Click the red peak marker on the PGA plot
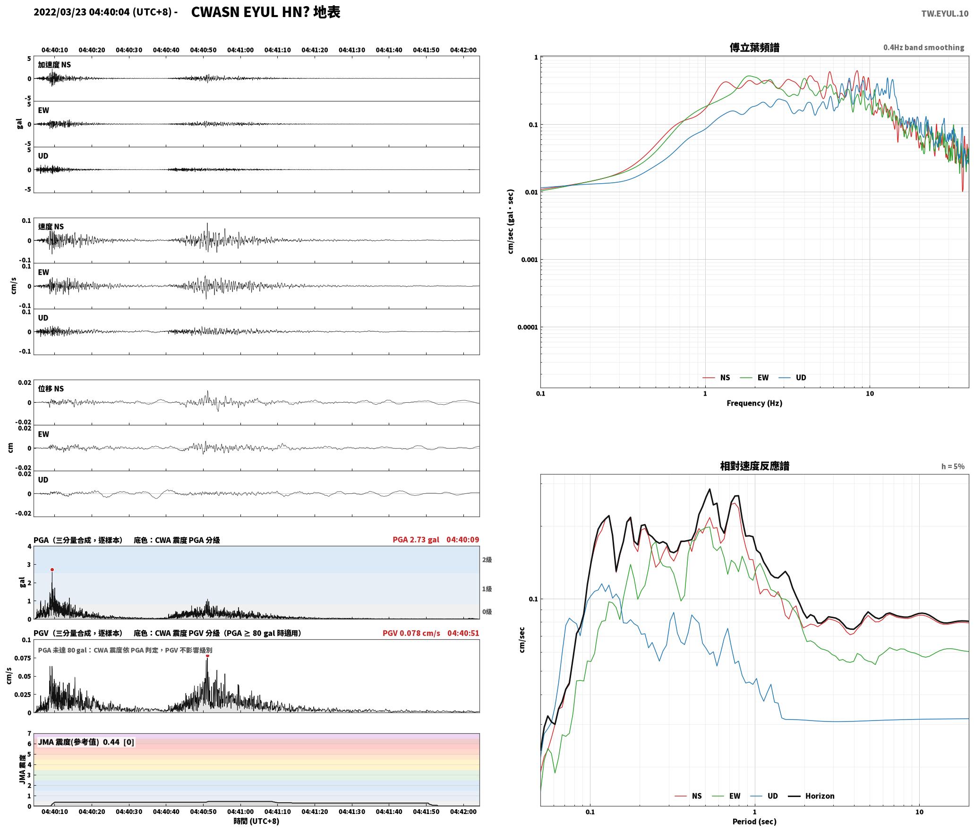point(52,569)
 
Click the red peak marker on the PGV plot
point(207,655)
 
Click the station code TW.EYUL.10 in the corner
point(945,13)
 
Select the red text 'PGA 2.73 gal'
point(416,540)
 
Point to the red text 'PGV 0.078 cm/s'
point(411,633)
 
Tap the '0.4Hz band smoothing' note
point(923,47)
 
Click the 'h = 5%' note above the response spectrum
point(953,466)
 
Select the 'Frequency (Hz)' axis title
point(754,403)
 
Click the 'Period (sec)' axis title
point(754,822)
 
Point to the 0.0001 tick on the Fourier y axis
point(527,327)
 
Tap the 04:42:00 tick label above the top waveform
point(463,50)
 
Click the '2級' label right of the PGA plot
point(487,560)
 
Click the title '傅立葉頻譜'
point(754,48)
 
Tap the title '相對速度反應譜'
point(754,466)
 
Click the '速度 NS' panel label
point(51,227)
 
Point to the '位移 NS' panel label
point(51,389)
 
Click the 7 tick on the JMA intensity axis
point(29,734)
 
